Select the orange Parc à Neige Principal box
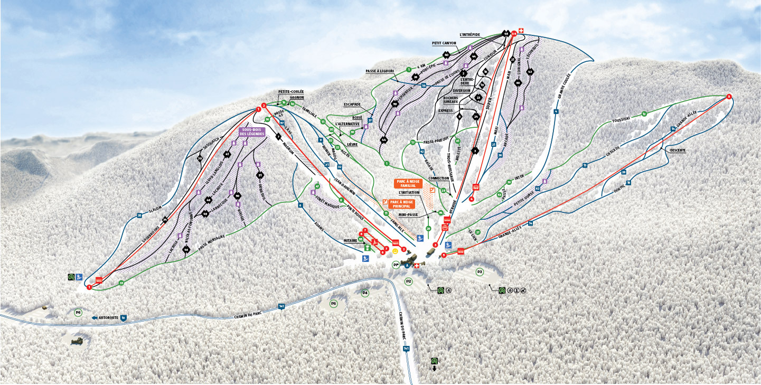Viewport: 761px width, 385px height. point(401,203)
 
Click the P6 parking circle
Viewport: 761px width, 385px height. point(78,313)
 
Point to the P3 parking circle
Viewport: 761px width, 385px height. point(480,271)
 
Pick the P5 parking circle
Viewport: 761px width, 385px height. point(333,304)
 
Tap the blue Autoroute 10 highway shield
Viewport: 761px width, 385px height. point(123,318)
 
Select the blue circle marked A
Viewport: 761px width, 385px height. point(407,266)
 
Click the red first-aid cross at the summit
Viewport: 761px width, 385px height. point(521,31)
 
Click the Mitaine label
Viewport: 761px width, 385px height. point(351,240)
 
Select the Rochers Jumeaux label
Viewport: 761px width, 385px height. point(450,100)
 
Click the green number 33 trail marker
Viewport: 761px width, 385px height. point(121,283)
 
